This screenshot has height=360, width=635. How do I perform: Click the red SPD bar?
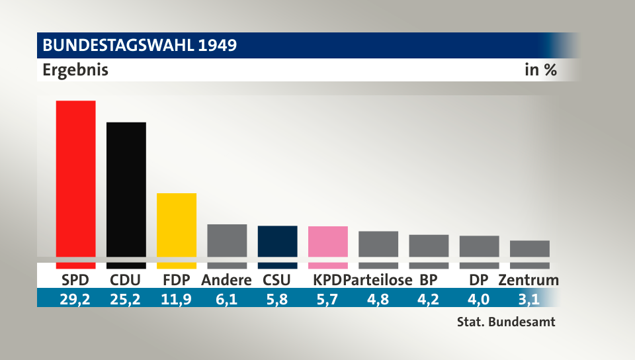pos(75,179)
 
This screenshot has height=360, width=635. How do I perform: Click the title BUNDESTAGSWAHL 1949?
pos(140,46)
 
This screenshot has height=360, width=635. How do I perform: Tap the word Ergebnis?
pos(75,69)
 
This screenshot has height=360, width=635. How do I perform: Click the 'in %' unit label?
pos(540,69)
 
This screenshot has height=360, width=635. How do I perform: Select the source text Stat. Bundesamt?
pos(505,323)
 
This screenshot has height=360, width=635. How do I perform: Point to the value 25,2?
pos(126,299)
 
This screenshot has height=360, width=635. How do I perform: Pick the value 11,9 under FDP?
pos(176,299)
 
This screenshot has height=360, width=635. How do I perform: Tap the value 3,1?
pos(529,299)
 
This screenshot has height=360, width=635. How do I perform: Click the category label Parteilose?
pos(378,280)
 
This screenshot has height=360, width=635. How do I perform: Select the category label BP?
pos(429,280)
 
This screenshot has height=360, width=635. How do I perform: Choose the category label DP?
pos(479,280)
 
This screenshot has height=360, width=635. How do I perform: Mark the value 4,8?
pos(378,299)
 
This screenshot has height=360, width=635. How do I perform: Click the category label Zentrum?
pos(529,280)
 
